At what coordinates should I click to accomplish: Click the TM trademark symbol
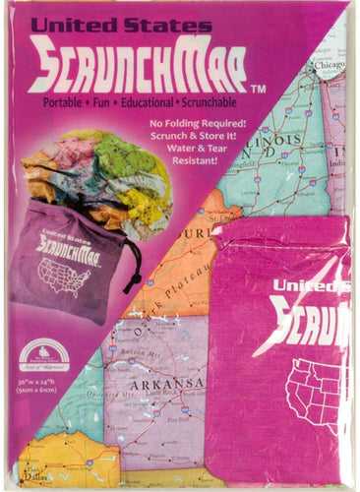(x=260, y=90)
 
